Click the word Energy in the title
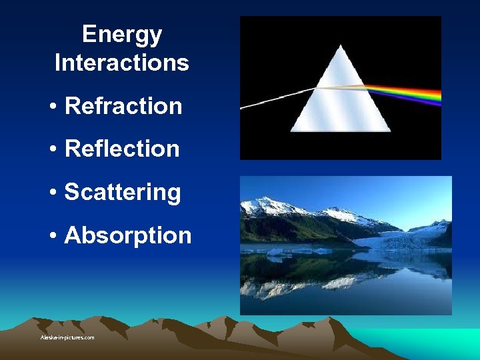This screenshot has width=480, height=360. [121, 35]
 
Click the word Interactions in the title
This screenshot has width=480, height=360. [121, 63]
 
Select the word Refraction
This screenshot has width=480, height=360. [123, 106]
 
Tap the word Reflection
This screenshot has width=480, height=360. [122, 149]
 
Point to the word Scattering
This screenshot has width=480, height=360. [123, 192]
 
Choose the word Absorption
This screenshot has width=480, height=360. [127, 235]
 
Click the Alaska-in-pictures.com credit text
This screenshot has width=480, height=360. [67, 338]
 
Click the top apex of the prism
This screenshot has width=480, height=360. [341, 46]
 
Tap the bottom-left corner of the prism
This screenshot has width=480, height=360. [292, 131]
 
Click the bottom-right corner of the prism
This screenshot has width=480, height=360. [389, 131]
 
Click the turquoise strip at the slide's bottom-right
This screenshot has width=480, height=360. [440, 340]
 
